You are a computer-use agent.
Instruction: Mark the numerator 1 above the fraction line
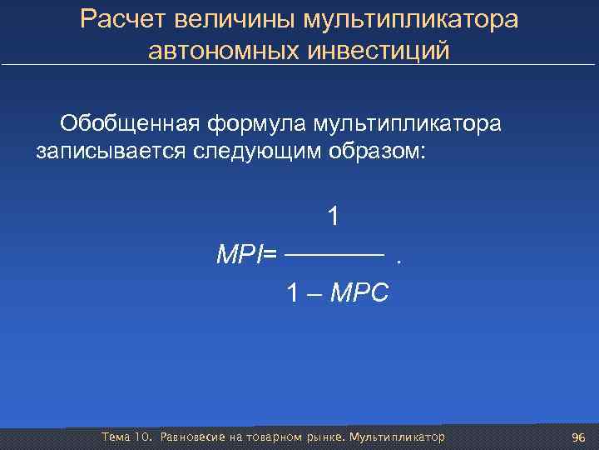tap(333, 217)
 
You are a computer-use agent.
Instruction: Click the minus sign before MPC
tap(315, 293)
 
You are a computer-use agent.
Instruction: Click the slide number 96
tap(579, 438)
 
